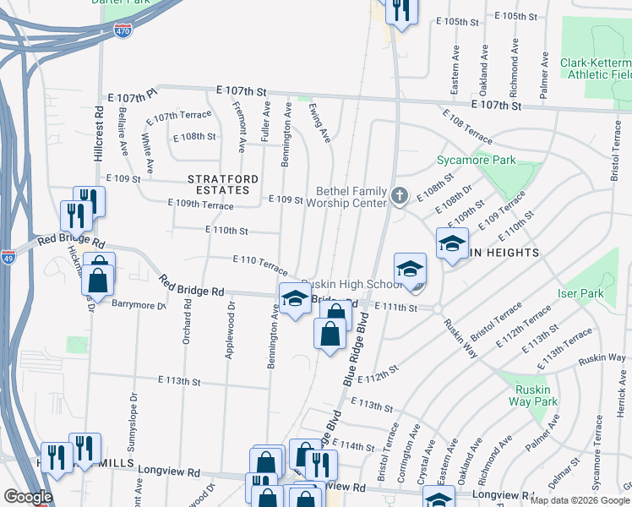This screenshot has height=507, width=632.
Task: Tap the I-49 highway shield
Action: pyautogui.click(x=8, y=257)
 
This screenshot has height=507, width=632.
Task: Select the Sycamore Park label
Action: pyautogui.click(x=476, y=160)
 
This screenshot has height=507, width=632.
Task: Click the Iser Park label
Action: pyautogui.click(x=579, y=292)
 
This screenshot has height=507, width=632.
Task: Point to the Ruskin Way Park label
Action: pyautogui.click(x=533, y=395)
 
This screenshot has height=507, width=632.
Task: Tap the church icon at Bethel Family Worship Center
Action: pyautogui.click(x=400, y=197)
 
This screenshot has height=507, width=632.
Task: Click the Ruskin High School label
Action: pyautogui.click(x=346, y=284)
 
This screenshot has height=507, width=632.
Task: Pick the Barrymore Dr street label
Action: pyautogui.click(x=139, y=306)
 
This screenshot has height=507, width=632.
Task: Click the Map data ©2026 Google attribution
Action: pyautogui.click(x=580, y=500)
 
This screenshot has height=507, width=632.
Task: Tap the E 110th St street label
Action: pyautogui.click(x=226, y=230)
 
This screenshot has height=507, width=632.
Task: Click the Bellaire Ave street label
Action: pyautogui.click(x=124, y=137)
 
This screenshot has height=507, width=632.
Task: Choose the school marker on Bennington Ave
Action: pyautogui.click(x=294, y=299)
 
